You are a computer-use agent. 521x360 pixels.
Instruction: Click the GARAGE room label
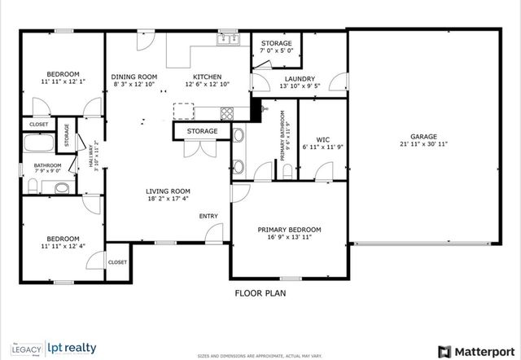(423, 136)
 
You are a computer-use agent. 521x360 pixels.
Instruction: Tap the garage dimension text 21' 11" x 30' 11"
(423, 145)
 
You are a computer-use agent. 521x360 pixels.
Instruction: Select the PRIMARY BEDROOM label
(289, 230)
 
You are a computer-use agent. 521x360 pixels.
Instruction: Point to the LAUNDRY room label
(277, 78)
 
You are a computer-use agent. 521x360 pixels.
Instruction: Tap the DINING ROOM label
(134, 77)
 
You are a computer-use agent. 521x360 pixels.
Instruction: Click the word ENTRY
(209, 216)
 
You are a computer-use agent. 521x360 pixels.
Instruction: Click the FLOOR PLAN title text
(260, 292)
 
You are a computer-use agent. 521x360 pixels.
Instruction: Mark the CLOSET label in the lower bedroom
(117, 262)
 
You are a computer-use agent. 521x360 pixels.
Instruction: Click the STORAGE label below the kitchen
(202, 131)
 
